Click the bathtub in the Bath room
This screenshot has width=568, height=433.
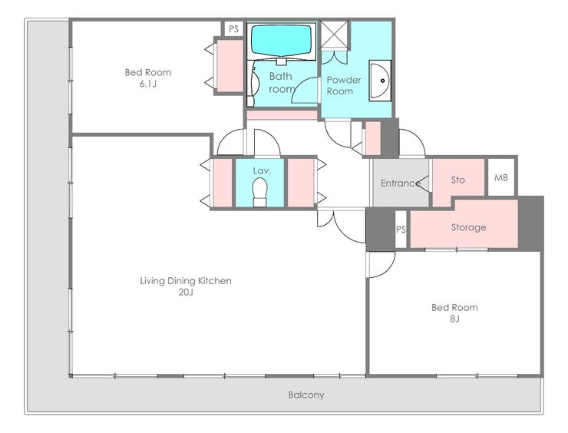coord(282,41)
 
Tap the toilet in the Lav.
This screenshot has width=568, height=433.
coord(260,192)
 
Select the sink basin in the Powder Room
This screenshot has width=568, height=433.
coord(380,81)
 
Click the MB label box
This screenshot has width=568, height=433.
coord(501,177)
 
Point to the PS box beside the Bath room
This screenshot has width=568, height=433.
coord(233,28)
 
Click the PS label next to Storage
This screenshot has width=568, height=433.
coord(401,230)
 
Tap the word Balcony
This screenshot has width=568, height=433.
coord(306,395)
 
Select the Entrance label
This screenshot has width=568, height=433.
coord(401,183)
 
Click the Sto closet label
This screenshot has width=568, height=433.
coord(458,180)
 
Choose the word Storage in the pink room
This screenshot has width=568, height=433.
coord(468,227)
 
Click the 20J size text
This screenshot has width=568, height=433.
coord(186,292)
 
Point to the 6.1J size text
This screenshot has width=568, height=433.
coord(148,84)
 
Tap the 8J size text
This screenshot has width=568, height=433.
coord(454,319)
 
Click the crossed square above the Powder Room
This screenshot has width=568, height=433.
coord(335,34)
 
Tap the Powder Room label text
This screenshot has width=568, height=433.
coord(344,85)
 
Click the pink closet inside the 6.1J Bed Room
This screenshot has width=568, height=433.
coord(230,65)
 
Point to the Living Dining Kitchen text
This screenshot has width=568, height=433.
coord(186,281)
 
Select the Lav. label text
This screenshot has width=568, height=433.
coord(262,170)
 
